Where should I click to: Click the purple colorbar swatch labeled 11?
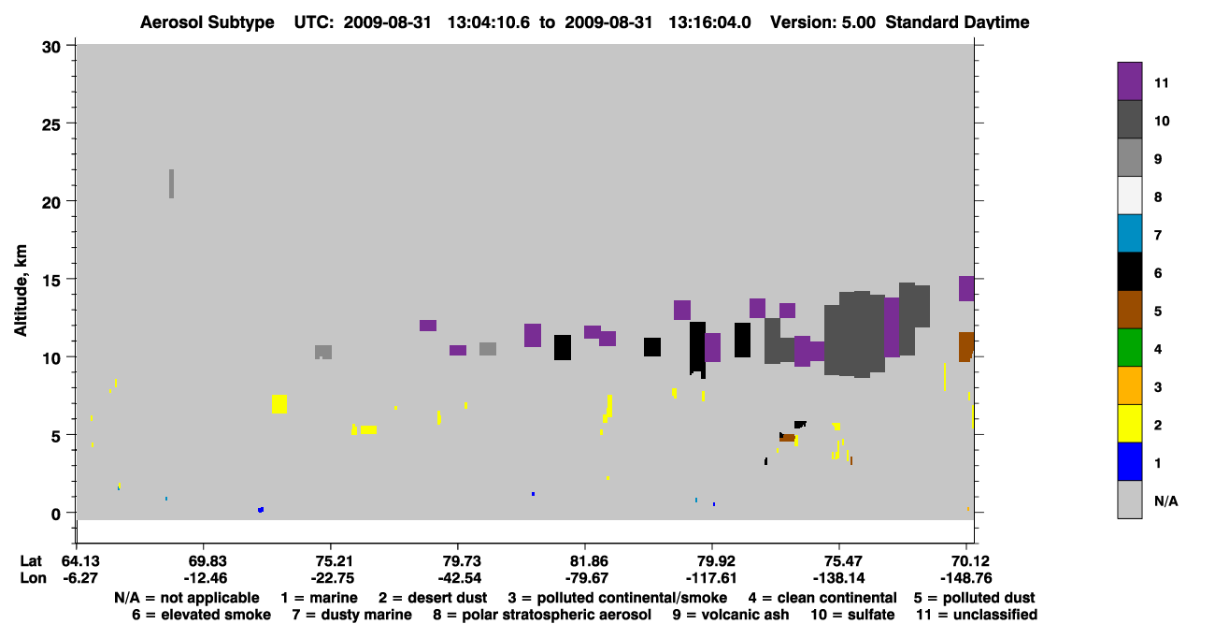tap(1129, 81)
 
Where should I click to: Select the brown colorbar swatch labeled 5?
tap(1129, 310)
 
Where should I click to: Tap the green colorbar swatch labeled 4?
tap(1129, 348)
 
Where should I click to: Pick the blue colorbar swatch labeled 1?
tap(1129, 461)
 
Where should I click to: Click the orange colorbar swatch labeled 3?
tap(1129, 385)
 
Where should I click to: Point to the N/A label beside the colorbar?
tap(1165, 501)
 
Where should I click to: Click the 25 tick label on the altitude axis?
tap(51, 125)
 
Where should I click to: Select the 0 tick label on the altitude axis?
tap(56, 514)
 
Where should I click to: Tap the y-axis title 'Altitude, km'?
tap(20, 291)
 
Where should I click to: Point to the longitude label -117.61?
tap(711, 578)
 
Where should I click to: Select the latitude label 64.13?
tap(80, 560)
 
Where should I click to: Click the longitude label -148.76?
tap(966, 578)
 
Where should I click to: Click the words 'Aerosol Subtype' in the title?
tap(207, 22)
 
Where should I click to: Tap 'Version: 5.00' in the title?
tap(822, 22)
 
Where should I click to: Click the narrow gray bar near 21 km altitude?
tap(171, 183)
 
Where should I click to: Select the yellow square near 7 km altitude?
tap(279, 404)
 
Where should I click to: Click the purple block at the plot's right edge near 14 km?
tap(966, 288)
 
